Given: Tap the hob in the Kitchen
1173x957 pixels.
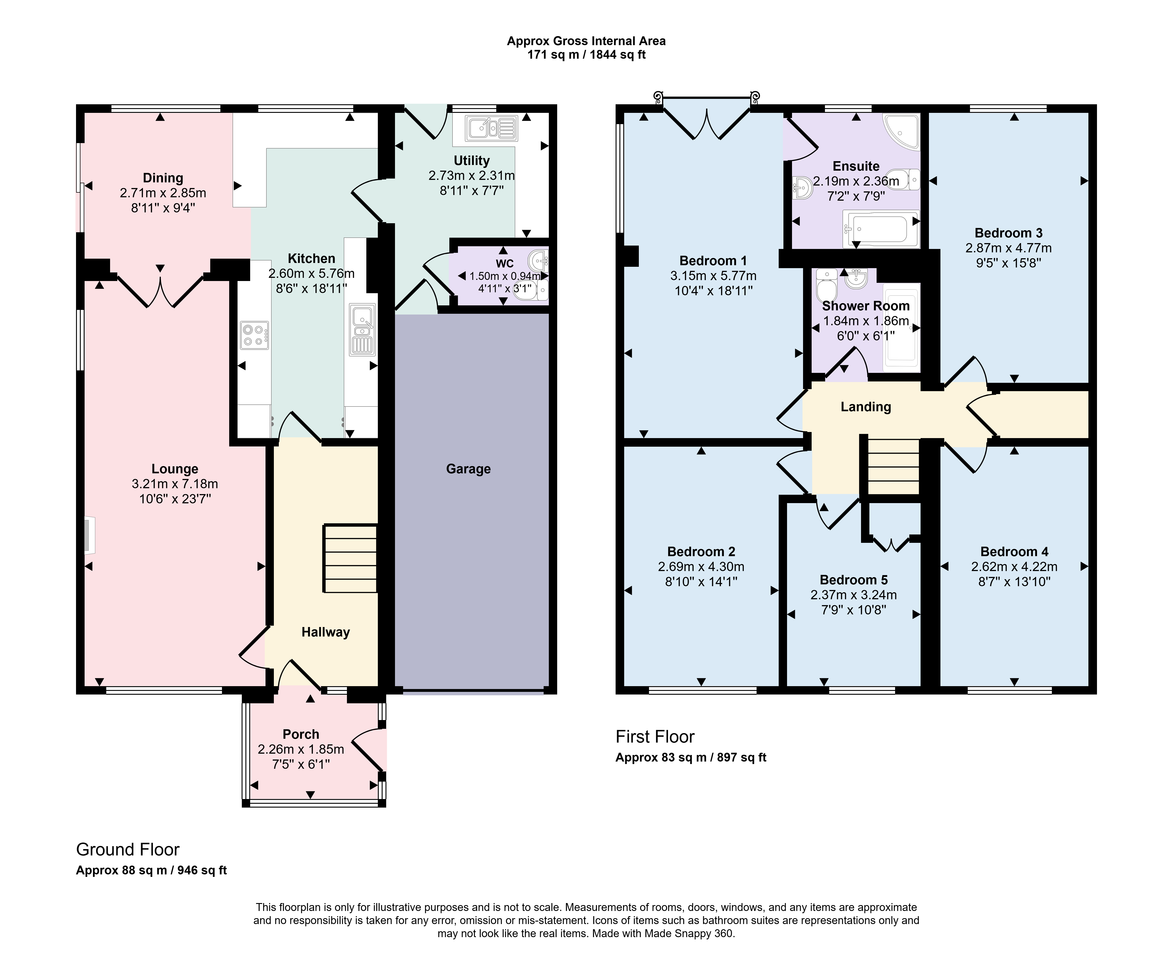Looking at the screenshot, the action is (x=254, y=335).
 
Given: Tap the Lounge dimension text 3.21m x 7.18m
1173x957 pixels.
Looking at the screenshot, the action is (x=175, y=484).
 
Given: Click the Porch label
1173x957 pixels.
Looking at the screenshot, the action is (x=301, y=734).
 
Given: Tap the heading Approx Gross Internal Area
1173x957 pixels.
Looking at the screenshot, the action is (x=586, y=41).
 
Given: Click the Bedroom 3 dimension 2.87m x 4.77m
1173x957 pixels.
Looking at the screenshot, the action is (x=1008, y=248).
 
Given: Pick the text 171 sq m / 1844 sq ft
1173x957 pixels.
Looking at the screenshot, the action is (x=586, y=55).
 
